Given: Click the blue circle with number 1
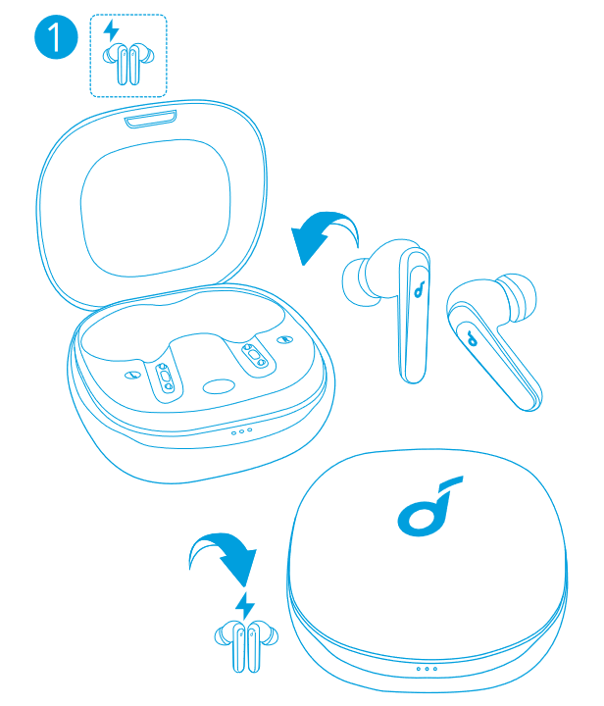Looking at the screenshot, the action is (56, 37).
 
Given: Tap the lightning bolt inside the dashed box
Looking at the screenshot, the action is (111, 30).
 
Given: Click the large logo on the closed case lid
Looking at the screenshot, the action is (430, 507).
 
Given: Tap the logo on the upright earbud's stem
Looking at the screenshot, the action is (420, 289).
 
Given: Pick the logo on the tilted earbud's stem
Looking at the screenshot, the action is (472, 338).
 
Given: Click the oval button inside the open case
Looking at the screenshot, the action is (219, 386).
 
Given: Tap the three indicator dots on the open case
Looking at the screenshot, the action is (241, 431).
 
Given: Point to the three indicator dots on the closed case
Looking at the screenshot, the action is (427, 669).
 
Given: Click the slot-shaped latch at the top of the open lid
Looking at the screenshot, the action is (151, 119).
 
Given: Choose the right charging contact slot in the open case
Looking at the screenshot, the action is (255, 356).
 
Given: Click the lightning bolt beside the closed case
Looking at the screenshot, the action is (245, 606).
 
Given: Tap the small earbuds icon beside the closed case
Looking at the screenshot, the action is (246, 646).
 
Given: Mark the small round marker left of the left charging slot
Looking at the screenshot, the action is (131, 375).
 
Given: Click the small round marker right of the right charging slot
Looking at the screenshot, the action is (285, 339).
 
